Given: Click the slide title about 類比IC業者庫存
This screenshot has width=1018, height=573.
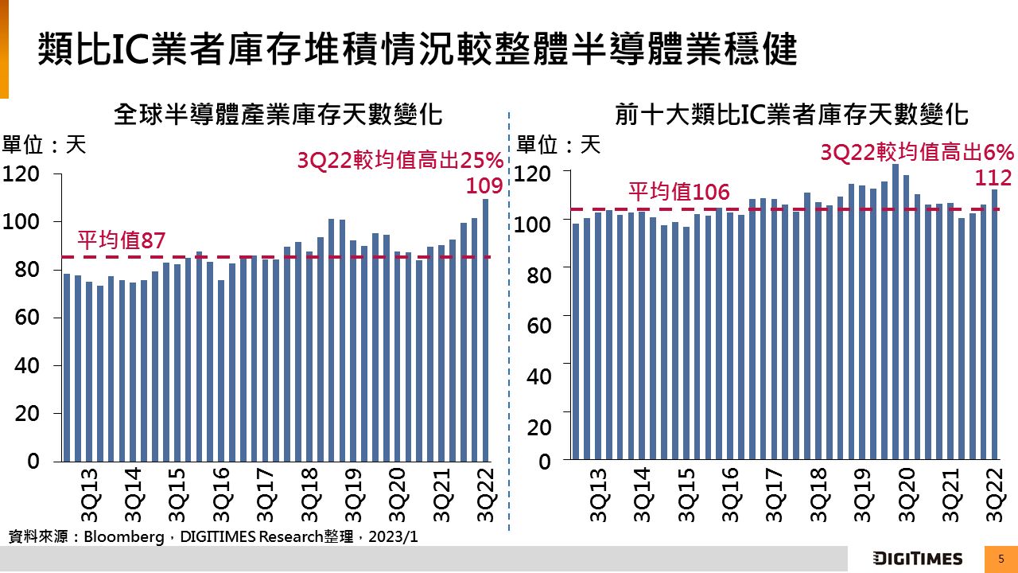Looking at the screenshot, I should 417,49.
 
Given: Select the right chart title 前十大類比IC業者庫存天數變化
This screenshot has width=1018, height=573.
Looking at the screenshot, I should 791,115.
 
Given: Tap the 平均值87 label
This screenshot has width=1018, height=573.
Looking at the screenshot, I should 120,240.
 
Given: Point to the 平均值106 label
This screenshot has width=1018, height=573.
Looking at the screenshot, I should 678,192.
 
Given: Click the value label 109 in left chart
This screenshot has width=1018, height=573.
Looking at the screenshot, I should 485,185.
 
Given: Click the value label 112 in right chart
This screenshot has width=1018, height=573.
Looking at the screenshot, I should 994,178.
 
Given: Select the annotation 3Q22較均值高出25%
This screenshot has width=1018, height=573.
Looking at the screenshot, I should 400,161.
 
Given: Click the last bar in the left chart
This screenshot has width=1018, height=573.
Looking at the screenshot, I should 486,329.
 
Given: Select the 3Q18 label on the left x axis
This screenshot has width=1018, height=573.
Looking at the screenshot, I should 309,494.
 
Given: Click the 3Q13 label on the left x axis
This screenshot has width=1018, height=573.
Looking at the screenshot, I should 89,494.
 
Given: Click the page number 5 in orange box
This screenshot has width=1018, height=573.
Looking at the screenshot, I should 1001,559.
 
